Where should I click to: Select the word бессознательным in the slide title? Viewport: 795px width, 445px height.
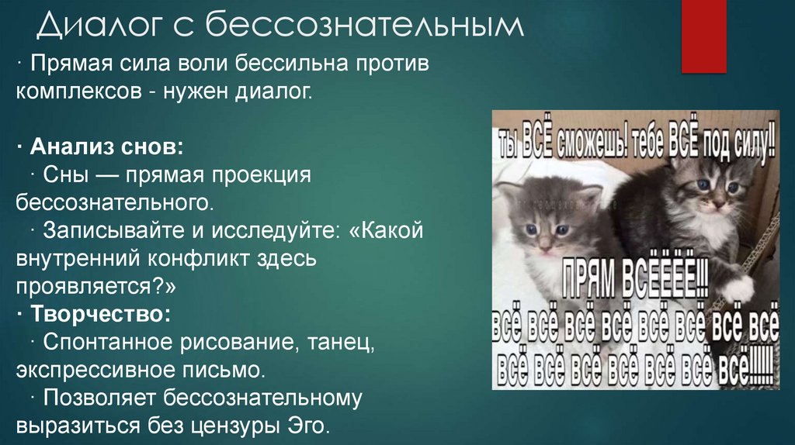point(364,29)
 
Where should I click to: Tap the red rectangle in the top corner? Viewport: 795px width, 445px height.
point(703,36)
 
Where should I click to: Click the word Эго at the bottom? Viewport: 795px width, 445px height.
point(310,426)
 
